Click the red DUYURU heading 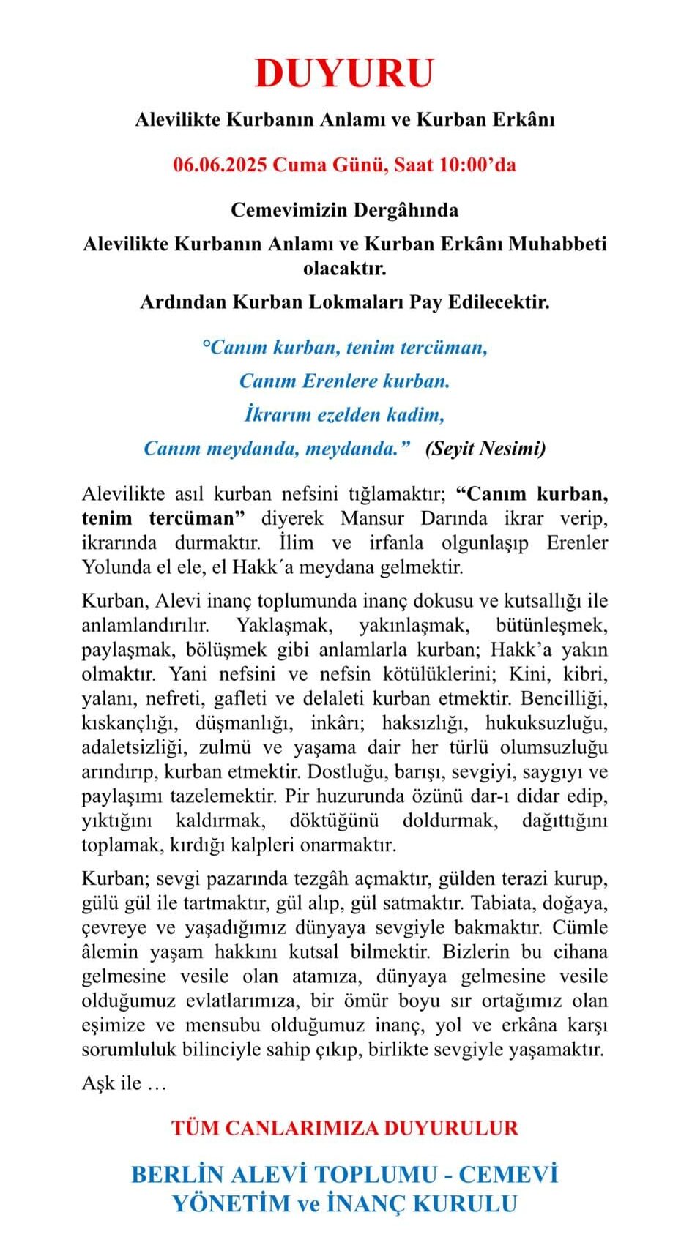click(x=345, y=73)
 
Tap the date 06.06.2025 click(x=220, y=165)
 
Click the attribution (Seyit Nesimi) click(x=485, y=448)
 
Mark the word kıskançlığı click(x=129, y=723)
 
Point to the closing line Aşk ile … click(x=124, y=1083)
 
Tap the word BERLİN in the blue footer click(x=176, y=1175)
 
